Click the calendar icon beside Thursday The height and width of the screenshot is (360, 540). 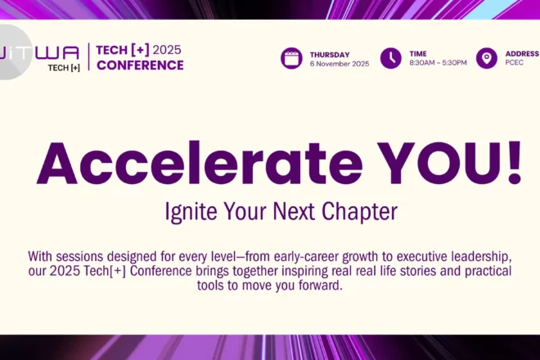tap(291, 58)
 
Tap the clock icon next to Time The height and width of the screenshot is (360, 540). tap(390, 58)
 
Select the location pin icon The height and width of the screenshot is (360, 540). tap(486, 58)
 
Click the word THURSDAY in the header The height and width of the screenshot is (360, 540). tap(330, 55)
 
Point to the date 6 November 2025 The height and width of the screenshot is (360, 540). tap(340, 64)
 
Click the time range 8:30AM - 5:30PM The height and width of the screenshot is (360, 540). tap(438, 63)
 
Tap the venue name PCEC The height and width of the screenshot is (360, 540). tap(514, 62)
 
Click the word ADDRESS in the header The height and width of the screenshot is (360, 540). tap(522, 54)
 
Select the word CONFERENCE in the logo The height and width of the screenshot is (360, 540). tap(140, 65)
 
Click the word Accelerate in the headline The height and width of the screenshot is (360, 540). tap(200, 164)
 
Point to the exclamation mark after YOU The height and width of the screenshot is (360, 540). tap(515, 163)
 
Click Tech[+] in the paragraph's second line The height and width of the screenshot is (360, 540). tap(105, 271)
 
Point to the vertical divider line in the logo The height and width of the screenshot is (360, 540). tap(89, 56)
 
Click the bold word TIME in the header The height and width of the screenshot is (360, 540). tap(418, 54)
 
